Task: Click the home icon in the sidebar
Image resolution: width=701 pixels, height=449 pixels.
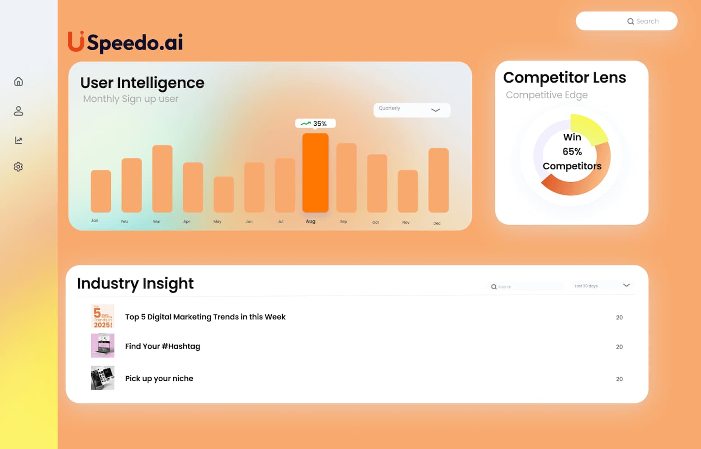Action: pos(19,81)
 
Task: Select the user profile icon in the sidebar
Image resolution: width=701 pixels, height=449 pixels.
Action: pos(19,111)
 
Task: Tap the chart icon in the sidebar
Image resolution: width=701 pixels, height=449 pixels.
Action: pos(19,140)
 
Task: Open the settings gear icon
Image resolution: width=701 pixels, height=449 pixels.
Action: pos(19,167)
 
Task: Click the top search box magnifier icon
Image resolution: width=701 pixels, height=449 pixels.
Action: pos(630,21)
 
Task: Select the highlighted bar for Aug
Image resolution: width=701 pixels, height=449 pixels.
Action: pos(315,173)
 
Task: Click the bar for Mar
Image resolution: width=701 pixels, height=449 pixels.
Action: pos(162,179)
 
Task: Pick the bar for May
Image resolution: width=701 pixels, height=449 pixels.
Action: pos(223,194)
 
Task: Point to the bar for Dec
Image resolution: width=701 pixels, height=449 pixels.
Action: pos(438,180)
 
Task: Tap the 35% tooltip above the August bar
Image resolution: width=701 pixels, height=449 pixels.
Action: pos(315,123)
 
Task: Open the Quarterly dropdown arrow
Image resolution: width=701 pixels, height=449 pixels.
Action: pos(436,110)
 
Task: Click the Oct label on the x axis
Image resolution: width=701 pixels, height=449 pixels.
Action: pos(375,222)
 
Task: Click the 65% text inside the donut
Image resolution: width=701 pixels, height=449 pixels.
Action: pos(572,151)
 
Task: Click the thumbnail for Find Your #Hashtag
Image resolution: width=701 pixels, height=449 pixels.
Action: pos(103,346)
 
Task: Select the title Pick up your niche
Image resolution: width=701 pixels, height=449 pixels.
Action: pos(159,378)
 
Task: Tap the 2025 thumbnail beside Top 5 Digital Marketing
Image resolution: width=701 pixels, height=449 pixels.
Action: pos(103,317)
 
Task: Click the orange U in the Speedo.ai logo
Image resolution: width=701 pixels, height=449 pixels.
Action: pos(76,42)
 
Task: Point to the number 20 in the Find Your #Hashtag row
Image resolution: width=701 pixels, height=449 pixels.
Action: pos(619,347)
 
